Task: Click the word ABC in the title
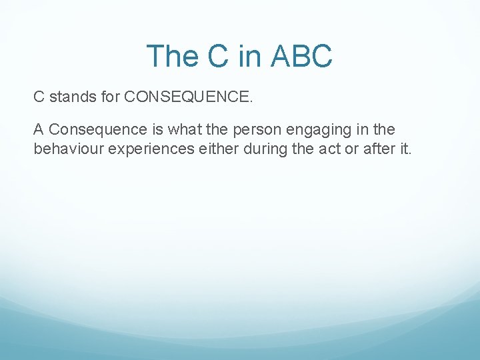(x=301, y=57)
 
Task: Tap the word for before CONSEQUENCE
(x=109, y=97)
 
